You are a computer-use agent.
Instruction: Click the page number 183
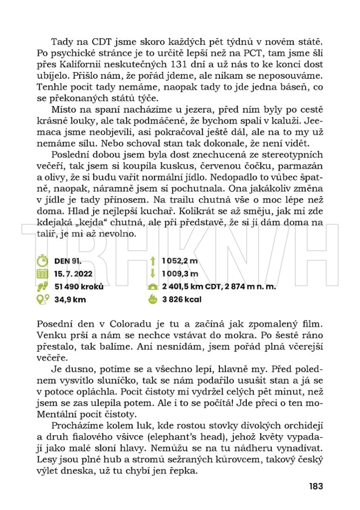316,486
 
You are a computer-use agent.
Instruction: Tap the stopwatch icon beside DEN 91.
42,261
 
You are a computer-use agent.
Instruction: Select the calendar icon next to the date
42,274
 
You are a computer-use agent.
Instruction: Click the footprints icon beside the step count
42,286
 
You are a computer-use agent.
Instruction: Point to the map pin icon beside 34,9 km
42,299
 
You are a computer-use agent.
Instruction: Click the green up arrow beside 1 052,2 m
152,261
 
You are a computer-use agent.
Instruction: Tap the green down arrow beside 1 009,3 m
152,274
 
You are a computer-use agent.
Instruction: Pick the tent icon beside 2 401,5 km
152,287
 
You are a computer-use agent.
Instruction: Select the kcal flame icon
152,299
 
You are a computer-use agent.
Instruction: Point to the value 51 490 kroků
79,286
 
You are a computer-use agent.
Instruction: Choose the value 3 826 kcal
182,299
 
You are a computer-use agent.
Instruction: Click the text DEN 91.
68,261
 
